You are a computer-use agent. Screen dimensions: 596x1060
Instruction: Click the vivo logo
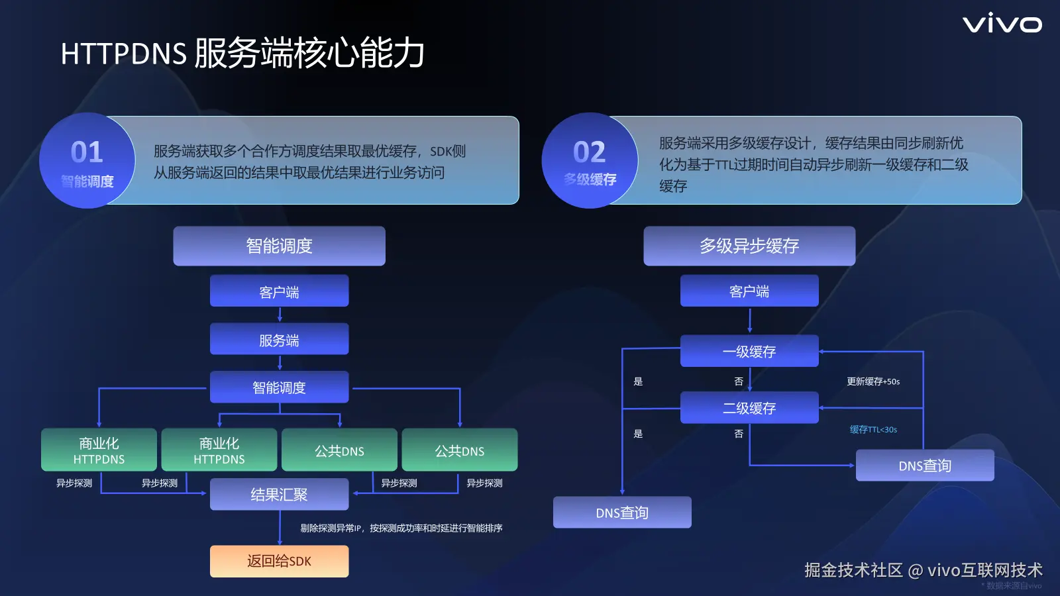point(1002,24)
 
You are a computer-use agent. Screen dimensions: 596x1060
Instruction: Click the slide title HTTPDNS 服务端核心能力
point(242,53)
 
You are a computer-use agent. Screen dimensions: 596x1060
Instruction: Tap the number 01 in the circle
point(87,152)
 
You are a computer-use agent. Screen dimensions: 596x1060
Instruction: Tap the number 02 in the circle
point(589,152)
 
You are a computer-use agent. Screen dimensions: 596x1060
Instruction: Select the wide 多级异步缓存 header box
point(749,246)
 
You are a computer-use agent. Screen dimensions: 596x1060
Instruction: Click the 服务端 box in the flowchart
point(279,340)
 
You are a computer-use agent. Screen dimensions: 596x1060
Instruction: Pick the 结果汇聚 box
point(279,495)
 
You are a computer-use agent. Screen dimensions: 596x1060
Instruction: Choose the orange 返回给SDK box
point(279,561)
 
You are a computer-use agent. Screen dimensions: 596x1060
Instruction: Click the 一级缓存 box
point(749,351)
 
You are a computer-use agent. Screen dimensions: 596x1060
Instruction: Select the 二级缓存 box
point(749,408)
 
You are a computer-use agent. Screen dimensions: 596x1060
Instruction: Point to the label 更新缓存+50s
point(873,381)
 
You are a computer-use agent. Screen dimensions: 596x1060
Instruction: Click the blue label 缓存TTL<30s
point(873,430)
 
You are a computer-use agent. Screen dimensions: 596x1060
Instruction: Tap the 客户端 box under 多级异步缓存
point(749,291)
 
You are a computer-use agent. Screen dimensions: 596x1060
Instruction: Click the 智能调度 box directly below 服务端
point(279,387)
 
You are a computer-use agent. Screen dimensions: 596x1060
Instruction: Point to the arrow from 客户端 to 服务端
point(280,315)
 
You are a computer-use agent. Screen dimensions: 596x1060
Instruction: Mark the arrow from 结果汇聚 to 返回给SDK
point(280,528)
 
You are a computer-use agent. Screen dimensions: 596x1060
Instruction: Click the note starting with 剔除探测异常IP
point(401,528)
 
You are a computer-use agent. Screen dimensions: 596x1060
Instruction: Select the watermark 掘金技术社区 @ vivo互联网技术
point(923,570)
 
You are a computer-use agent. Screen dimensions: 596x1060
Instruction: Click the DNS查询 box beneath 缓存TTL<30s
point(925,466)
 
